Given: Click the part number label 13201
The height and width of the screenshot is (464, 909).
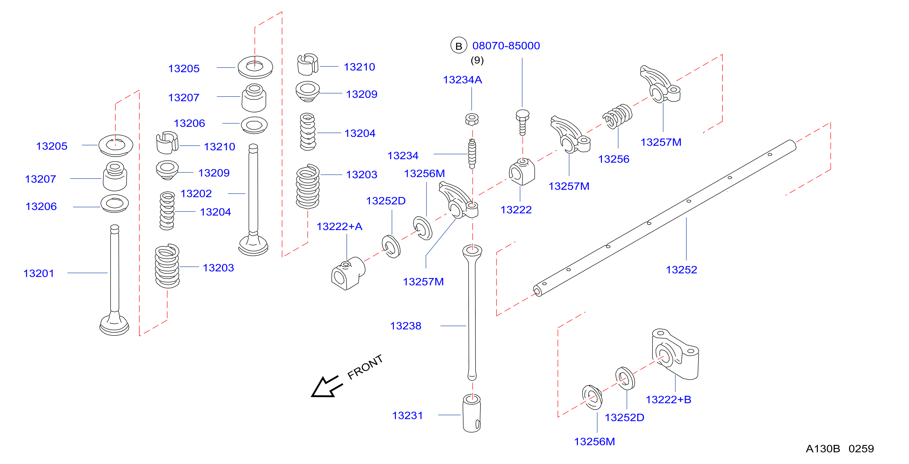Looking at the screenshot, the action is click(x=39, y=273).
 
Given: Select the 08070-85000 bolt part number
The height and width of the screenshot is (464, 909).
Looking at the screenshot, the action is click(x=506, y=46).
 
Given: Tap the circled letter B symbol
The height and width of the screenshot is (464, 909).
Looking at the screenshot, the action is click(x=459, y=46).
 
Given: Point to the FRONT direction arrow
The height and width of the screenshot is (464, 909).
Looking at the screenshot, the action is click(x=326, y=387).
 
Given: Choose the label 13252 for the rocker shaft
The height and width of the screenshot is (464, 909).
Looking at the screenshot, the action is click(x=681, y=270).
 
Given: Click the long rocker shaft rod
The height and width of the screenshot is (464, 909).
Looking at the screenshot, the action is click(x=665, y=218).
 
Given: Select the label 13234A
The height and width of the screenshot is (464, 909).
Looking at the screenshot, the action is click(x=463, y=80).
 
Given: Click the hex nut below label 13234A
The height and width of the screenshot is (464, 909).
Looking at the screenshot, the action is click(x=472, y=119).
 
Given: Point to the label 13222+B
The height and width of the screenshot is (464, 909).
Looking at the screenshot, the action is click(x=668, y=400).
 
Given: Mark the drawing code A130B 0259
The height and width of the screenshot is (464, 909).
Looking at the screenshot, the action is click(x=840, y=449).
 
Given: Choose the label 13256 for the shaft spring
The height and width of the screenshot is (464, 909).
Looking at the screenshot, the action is click(x=613, y=159).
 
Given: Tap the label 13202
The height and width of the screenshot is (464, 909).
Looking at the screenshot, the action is click(x=196, y=194).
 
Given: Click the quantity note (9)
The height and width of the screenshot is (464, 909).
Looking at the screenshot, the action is click(x=477, y=60).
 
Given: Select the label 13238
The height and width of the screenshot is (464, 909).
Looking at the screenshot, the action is click(x=406, y=326).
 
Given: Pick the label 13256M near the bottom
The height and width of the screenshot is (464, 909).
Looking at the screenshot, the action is click(x=594, y=442).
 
